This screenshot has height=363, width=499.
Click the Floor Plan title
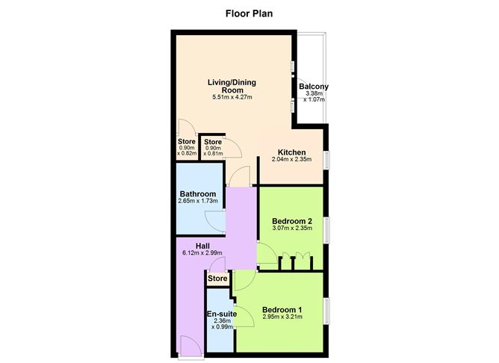249,13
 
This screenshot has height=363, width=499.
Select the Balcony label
314,87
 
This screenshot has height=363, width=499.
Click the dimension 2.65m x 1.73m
197,202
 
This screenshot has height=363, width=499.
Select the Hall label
202,246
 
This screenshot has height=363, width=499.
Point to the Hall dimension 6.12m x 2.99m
202,253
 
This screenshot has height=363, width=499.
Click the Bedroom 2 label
291,221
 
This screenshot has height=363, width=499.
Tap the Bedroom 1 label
282,310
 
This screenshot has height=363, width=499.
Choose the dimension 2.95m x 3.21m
282,318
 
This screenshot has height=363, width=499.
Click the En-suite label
222,314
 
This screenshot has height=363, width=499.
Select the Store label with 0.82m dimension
187,142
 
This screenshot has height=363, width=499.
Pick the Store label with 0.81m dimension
213,142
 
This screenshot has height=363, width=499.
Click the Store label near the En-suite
217,279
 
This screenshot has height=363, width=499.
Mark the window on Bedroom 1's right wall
326,310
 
